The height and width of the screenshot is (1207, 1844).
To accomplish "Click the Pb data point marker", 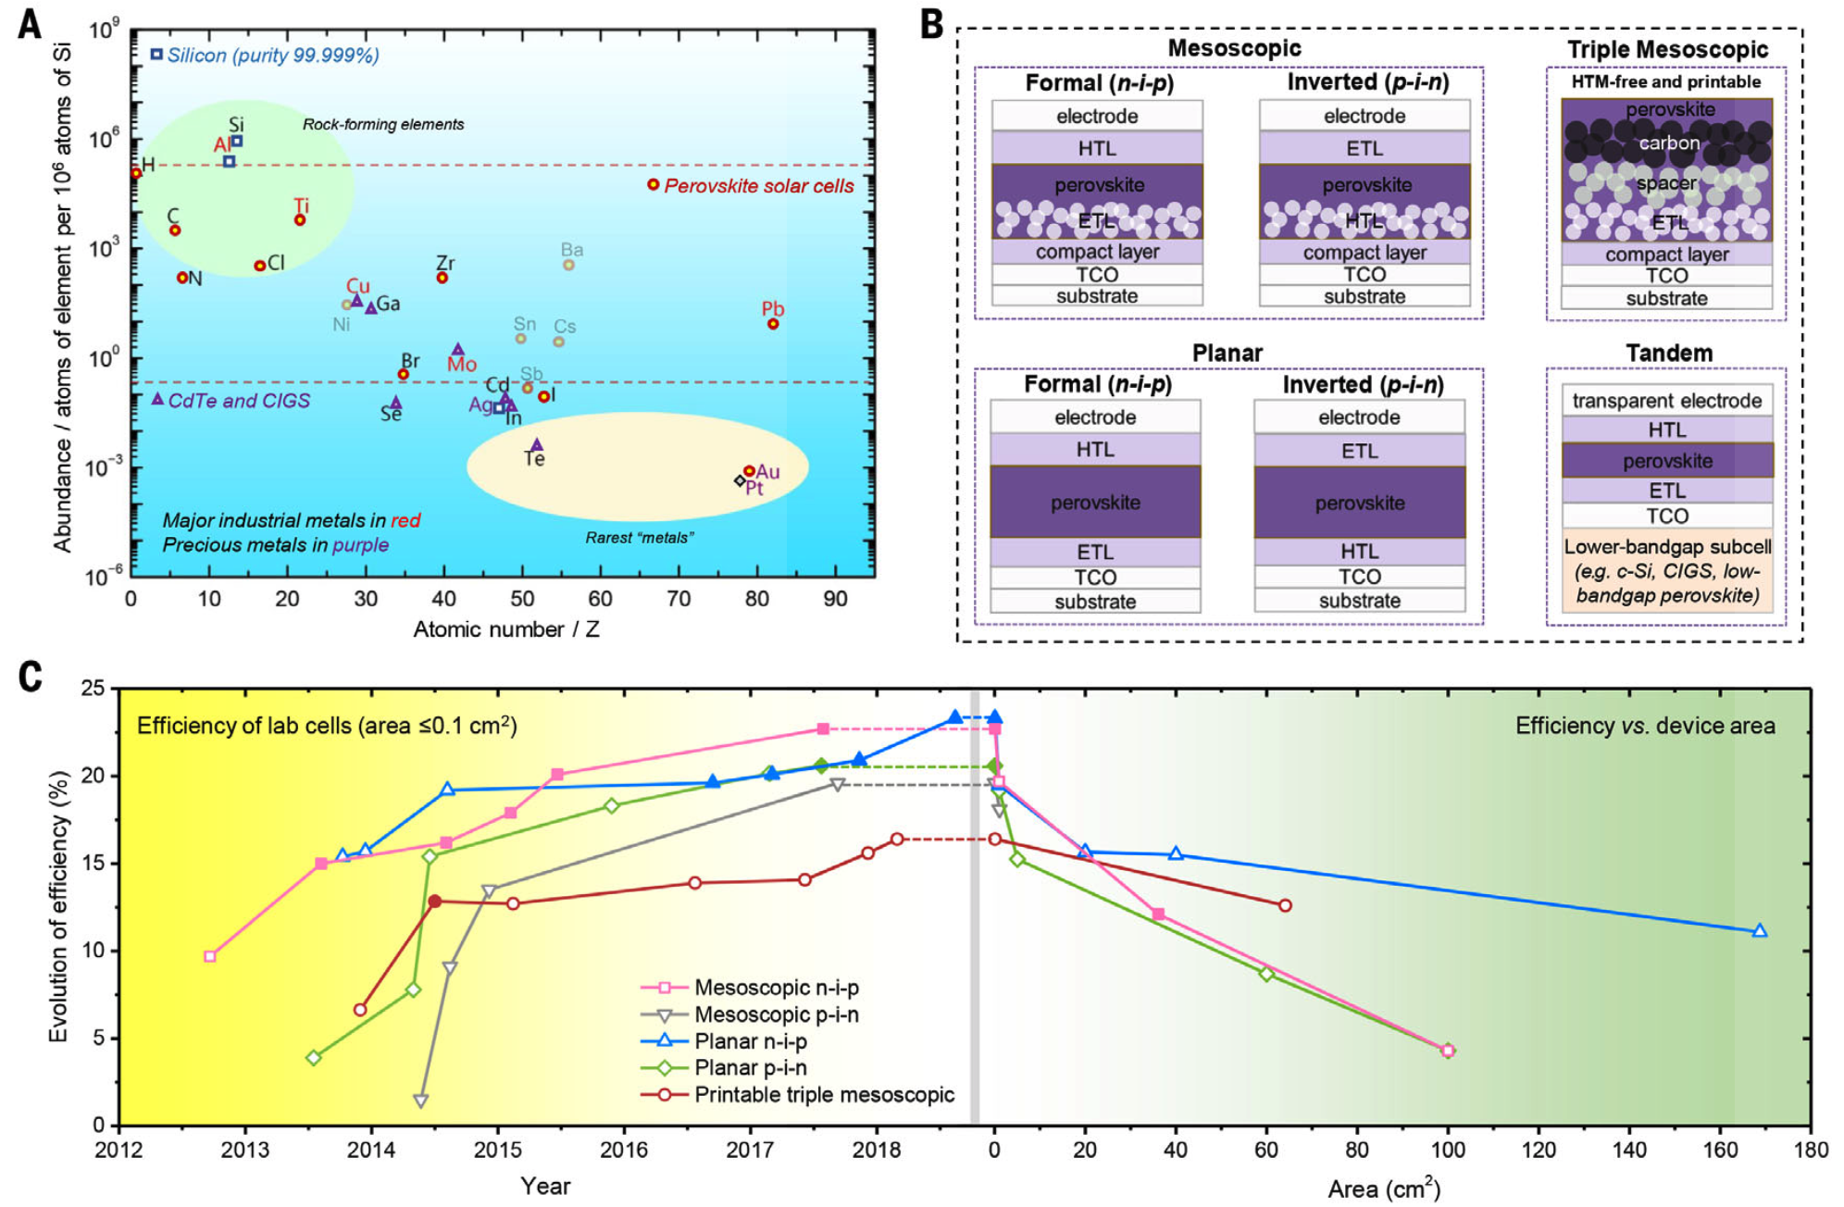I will tap(773, 324).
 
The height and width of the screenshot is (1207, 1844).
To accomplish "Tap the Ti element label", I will tap(301, 205).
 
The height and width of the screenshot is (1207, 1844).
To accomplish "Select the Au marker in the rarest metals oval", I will tap(749, 471).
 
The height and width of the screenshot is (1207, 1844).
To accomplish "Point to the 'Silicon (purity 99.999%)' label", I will tap(273, 56).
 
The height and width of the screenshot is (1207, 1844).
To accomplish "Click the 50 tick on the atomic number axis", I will tap(522, 599).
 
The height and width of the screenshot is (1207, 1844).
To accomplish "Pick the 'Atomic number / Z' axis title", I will tap(505, 629).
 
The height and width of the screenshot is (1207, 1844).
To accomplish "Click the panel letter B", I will tap(931, 25).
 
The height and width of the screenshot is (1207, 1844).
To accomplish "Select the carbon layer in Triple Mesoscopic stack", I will tap(1667, 143).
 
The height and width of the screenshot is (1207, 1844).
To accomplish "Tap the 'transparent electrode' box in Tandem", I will tap(1667, 401).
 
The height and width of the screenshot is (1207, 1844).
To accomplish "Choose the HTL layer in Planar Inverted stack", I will tap(1359, 552).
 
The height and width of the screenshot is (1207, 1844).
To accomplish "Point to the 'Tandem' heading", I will tap(1669, 353).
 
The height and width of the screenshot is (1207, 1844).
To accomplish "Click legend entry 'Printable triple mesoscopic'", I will tap(824, 1095).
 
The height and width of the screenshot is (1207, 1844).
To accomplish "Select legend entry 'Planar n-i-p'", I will tap(751, 1041).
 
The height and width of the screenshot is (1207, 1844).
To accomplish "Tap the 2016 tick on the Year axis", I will tap(624, 1150).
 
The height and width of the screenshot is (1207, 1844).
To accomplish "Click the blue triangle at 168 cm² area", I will tap(1760, 931).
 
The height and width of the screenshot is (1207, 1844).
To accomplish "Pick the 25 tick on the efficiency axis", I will tap(93, 688).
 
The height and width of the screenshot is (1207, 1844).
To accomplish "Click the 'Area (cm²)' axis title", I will tap(1384, 1188).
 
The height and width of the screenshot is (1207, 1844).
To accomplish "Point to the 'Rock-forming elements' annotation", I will tap(383, 124).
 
